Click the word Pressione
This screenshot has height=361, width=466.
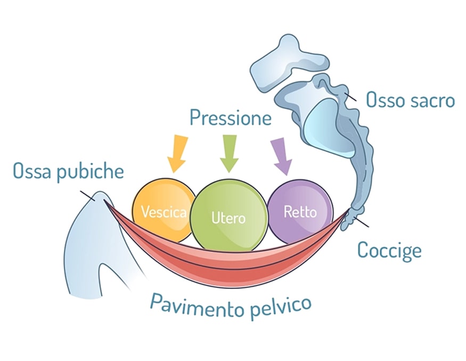coord(231,117)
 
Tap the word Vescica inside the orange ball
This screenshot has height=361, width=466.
coord(163,212)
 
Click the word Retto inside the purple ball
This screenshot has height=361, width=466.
coord(300,212)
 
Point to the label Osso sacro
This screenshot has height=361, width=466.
coord(410,100)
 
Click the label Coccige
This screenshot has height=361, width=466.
coord(389,250)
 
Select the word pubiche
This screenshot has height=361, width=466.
coord(91,172)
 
